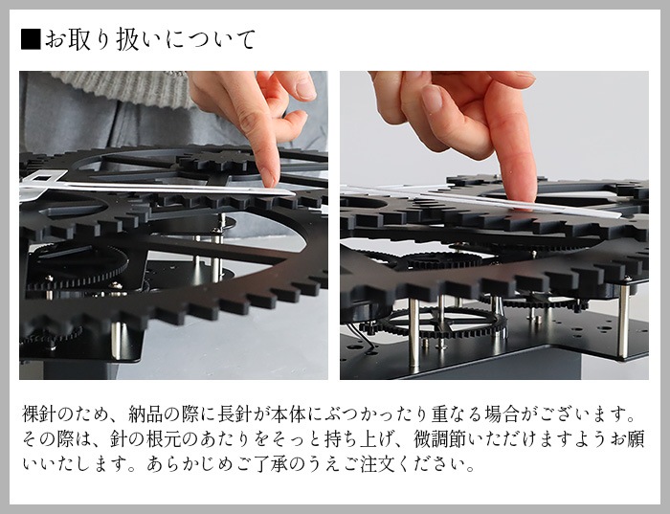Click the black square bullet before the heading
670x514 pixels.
(31, 39)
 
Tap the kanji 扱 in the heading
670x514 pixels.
(128, 39)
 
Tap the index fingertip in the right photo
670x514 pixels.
(522, 197)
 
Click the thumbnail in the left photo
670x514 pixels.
(305, 88)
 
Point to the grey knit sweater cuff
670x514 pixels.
(123, 87)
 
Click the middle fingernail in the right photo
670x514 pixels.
(432, 99)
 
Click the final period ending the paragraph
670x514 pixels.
(470, 468)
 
